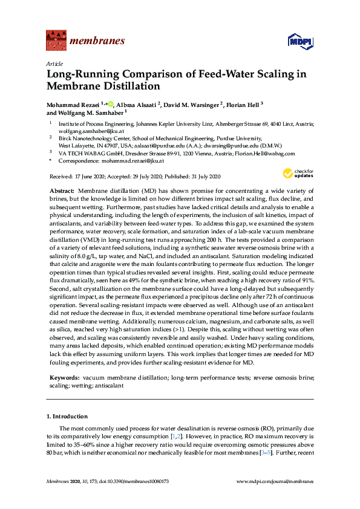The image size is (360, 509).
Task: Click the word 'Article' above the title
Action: tap(53, 63)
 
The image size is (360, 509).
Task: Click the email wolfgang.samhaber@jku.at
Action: tap(82, 130)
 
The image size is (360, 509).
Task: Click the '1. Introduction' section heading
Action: tap(67, 417)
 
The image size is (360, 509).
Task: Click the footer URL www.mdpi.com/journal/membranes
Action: tap(283, 481)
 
